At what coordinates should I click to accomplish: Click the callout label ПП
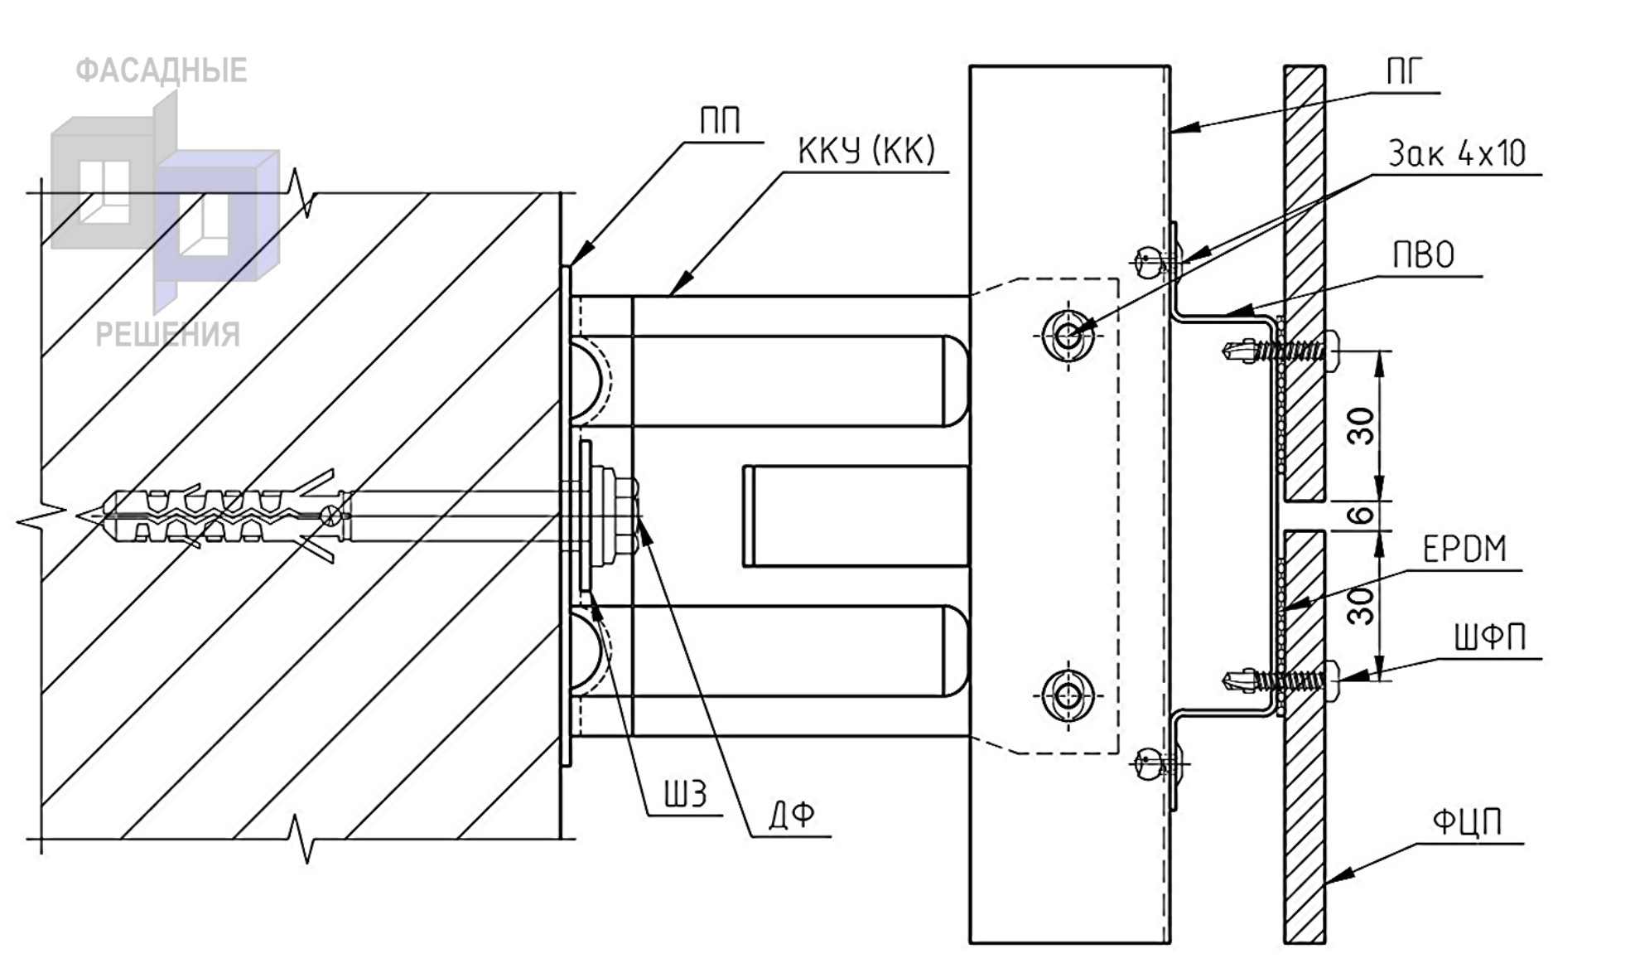[x=720, y=122]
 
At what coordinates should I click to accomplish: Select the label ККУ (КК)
[x=866, y=151]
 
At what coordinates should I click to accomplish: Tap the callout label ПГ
[x=1405, y=73]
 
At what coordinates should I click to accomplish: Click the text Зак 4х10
[x=1457, y=154]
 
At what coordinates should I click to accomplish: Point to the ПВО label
[x=1424, y=255]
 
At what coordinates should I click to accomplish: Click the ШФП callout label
[x=1489, y=638]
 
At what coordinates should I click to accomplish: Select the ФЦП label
[x=1467, y=823]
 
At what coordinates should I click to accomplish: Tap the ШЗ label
[x=686, y=795]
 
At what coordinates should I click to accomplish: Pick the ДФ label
[x=792, y=816]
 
